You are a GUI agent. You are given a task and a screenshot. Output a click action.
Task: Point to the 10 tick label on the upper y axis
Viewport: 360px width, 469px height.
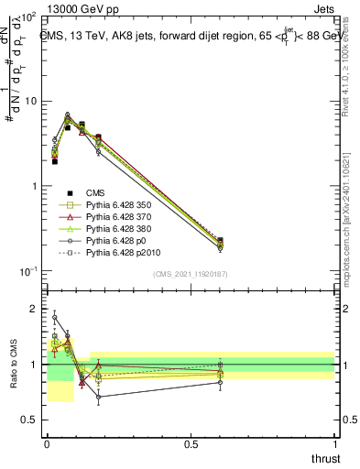coord(30,102)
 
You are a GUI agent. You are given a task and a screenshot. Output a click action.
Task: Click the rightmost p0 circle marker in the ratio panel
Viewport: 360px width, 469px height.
coord(220,382)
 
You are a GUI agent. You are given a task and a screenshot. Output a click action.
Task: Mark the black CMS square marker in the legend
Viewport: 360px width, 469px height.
coord(69,191)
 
